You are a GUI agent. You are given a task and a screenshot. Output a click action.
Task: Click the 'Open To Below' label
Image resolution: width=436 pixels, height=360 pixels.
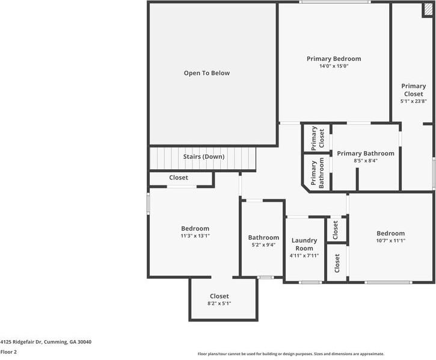click(x=206, y=73)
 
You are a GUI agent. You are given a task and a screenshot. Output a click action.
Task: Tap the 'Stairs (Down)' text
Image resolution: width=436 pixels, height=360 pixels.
click(x=203, y=157)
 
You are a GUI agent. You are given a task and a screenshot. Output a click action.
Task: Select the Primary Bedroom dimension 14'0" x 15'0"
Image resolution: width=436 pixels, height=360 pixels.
click(x=334, y=66)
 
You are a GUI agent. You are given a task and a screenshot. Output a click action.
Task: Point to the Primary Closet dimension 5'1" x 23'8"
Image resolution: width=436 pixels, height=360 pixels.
click(x=413, y=101)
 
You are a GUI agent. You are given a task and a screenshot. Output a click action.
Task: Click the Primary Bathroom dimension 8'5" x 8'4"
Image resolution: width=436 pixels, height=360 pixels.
click(x=365, y=161)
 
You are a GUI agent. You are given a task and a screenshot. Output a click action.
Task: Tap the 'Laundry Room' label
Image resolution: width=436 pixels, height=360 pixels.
click(x=304, y=244)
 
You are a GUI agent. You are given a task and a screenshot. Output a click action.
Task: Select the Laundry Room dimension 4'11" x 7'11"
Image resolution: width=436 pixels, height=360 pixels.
click(x=304, y=255)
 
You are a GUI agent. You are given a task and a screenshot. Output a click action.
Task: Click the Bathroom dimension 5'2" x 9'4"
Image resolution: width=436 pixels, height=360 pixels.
click(x=263, y=245)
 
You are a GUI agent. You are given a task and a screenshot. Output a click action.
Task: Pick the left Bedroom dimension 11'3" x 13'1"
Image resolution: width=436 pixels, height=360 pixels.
click(x=195, y=236)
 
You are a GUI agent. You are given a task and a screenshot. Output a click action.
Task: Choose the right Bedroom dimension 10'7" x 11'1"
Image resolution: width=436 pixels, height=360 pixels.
click(x=390, y=241)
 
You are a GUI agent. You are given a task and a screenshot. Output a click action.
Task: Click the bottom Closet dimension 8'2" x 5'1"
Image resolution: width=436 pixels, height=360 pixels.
click(x=219, y=303)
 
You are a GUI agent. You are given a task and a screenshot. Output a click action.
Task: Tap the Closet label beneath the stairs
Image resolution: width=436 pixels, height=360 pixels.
click(x=179, y=178)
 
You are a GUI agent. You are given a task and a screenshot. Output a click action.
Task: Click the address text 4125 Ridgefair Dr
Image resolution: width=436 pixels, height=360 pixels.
click(x=46, y=341)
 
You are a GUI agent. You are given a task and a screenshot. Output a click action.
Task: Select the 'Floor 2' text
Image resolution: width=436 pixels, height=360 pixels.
click(x=8, y=352)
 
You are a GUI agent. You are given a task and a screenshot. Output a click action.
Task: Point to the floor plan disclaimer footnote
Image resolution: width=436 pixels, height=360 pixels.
click(x=290, y=354)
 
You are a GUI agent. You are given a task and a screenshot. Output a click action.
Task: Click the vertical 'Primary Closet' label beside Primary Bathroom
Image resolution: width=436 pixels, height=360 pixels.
click(x=318, y=138)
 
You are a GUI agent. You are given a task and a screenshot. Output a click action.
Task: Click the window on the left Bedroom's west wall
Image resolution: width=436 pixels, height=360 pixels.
click(x=149, y=202)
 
